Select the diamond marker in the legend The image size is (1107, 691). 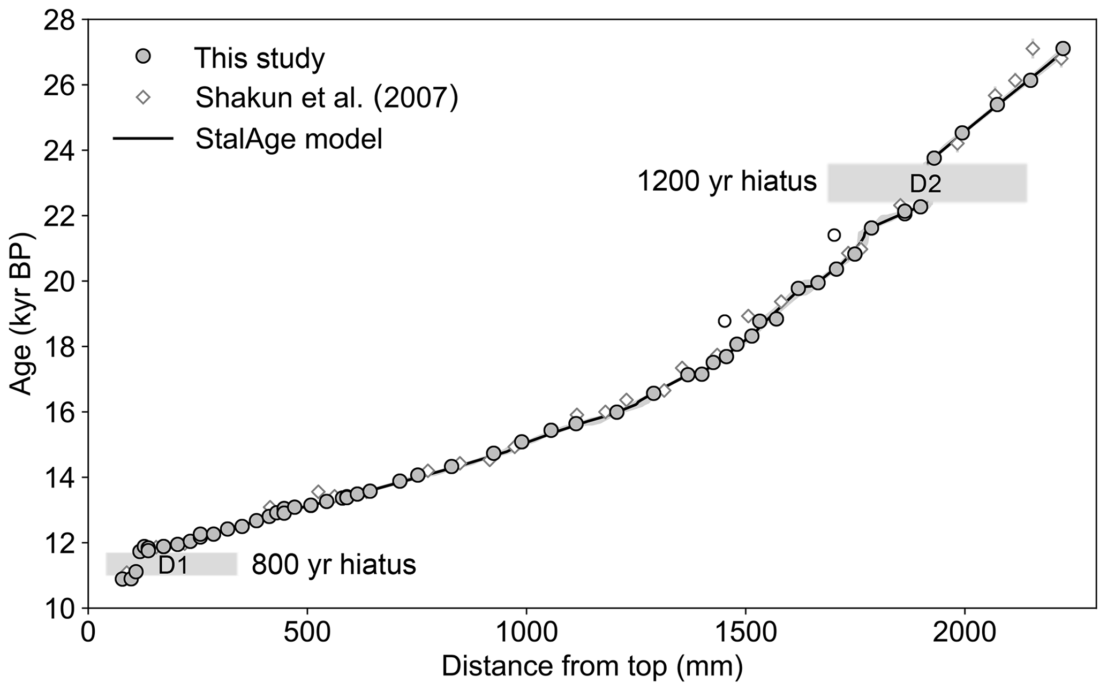143,97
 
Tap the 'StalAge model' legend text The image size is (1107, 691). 289,139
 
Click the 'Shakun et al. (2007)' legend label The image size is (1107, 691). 327,97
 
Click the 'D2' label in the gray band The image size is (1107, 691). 925,184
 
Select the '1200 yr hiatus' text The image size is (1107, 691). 727,182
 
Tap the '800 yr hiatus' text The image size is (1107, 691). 334,565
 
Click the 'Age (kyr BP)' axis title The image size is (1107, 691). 22,314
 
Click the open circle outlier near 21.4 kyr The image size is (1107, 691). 834,235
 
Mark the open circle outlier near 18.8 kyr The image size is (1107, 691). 725,321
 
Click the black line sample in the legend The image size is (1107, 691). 143,139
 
